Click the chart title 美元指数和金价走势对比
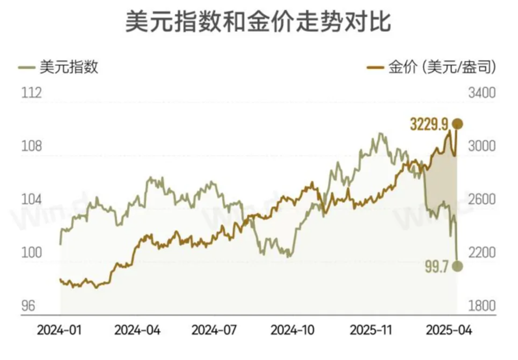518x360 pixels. click(258, 22)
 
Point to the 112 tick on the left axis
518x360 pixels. click(31, 93)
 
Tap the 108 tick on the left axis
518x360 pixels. click(31, 146)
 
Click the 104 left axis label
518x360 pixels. click(31, 199)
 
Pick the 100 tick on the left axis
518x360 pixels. click(31, 253)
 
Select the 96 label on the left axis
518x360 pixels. click(28, 306)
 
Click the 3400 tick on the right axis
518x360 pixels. click(482, 93)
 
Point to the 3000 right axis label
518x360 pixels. click(482, 146)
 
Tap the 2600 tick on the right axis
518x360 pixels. click(482, 199)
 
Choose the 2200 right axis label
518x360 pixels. click(482, 253)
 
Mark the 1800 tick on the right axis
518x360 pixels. click(482, 306)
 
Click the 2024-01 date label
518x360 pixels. click(59, 330)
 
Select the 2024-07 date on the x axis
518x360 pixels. click(214, 330)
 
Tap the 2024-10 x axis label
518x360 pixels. click(292, 330)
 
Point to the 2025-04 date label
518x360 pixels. click(449, 330)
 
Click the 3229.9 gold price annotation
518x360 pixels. click(429, 125)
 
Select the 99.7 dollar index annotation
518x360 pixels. click(436, 267)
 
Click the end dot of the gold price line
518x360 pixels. click(457, 124)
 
